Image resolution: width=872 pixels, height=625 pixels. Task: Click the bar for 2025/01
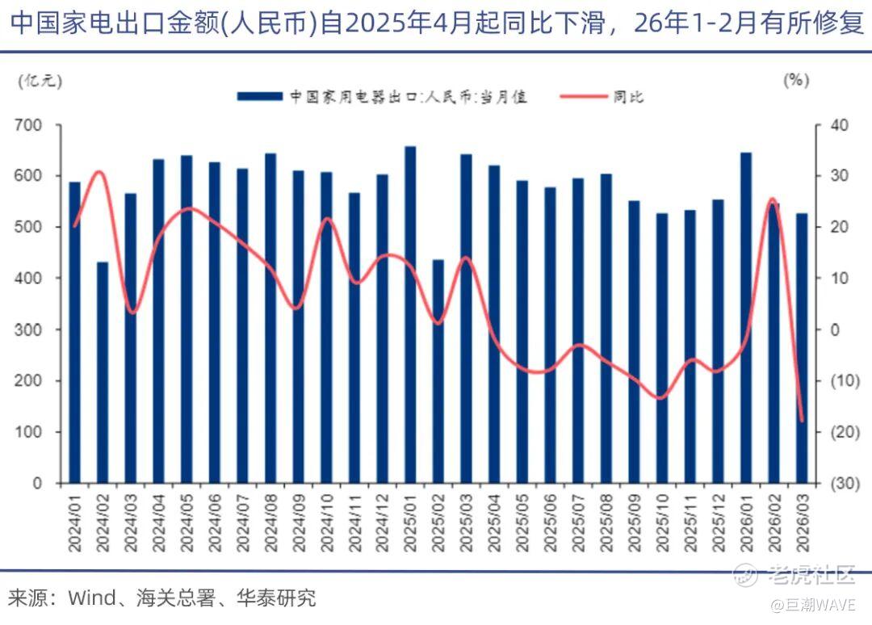[410, 315]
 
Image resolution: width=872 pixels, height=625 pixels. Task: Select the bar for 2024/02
[103, 372]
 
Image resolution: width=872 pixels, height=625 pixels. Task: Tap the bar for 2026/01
[746, 318]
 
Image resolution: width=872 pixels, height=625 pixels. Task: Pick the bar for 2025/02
[438, 371]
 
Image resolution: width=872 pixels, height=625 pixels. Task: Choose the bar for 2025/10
[662, 348]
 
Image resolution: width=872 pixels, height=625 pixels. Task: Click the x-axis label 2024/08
[270, 523]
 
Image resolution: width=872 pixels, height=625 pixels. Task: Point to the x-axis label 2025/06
[550, 523]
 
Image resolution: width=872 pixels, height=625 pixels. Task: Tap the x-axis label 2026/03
[803, 523]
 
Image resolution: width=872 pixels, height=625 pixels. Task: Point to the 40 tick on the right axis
[839, 125]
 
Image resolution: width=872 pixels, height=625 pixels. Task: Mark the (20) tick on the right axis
[845, 432]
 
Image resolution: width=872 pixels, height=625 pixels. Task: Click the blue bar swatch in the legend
[260, 97]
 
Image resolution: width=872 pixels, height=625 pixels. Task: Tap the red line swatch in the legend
[584, 97]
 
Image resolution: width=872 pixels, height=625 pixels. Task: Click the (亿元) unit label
[40, 82]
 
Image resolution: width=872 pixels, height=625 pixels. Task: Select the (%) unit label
[796, 81]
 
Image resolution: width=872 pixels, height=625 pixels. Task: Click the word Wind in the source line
[92, 598]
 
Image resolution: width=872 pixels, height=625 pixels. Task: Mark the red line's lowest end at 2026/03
[803, 421]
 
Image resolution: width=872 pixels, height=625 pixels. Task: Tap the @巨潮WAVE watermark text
[812, 605]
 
